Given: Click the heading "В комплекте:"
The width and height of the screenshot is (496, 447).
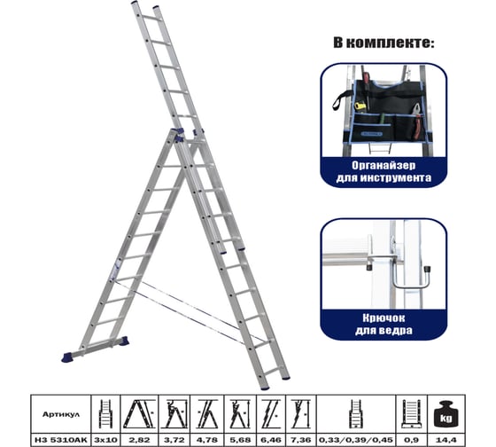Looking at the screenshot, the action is click(384, 43).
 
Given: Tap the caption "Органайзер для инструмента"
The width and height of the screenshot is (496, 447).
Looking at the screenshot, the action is click(384, 171).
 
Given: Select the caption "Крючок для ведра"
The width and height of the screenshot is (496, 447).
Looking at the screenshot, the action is click(384, 324).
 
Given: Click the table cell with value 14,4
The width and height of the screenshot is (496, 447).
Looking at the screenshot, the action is click(446, 440).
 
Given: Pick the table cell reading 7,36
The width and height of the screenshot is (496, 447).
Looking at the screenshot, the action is click(300, 440).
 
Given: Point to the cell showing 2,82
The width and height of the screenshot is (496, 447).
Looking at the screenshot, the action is click(140, 440).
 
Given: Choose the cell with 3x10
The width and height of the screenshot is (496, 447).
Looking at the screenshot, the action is click(105, 440).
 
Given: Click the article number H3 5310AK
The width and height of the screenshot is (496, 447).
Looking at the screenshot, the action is click(61, 440).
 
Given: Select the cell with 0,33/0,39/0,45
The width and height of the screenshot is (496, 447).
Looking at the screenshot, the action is click(356, 440).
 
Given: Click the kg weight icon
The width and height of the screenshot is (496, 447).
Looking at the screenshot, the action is click(446, 415).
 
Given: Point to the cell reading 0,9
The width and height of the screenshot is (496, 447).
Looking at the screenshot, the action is click(411, 440).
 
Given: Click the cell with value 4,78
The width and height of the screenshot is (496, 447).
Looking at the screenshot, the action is click(207, 440).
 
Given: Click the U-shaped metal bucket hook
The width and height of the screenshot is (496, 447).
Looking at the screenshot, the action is click(411, 276).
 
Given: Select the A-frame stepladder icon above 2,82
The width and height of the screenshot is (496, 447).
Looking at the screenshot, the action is click(139, 414).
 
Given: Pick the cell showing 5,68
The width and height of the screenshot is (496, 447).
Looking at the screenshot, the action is click(240, 440).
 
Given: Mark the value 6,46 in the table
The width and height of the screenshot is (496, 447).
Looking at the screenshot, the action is click(271, 440).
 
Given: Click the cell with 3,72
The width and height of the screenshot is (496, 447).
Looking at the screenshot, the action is click(174, 440).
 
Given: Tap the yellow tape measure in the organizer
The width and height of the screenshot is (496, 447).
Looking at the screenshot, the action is click(360, 106).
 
